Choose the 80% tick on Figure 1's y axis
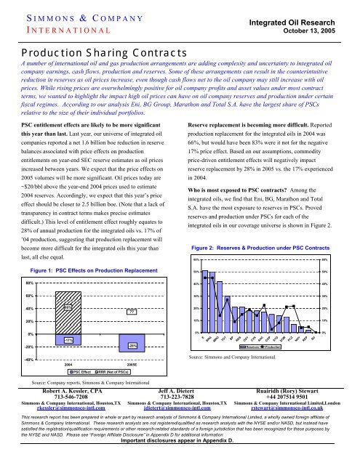30,262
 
